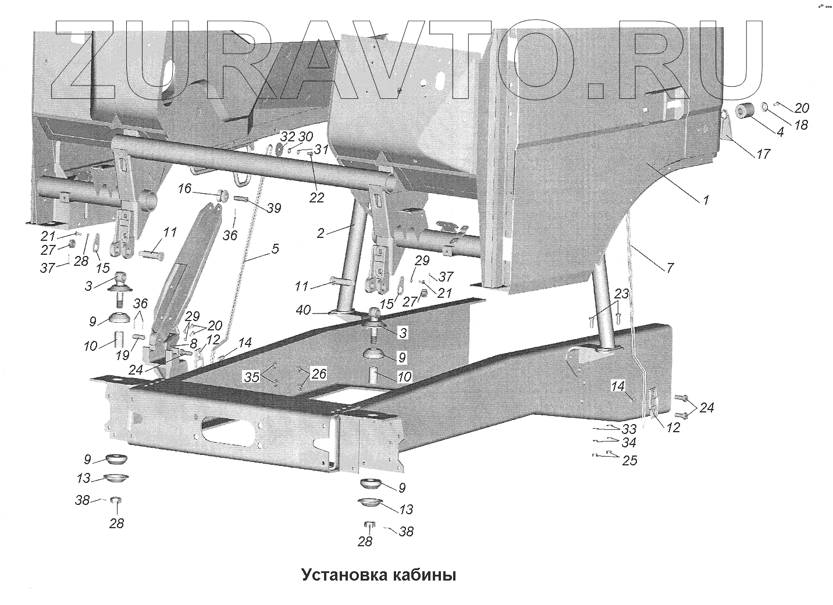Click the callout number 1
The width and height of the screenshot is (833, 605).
706,200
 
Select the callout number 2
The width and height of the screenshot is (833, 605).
321,233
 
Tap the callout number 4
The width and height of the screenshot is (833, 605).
780,132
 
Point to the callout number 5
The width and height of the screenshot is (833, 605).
275,249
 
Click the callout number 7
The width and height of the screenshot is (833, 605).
670,268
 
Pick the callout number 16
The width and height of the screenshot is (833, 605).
184,189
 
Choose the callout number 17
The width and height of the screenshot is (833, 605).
763,154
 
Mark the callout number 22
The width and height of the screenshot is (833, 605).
316,198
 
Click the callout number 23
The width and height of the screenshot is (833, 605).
622,294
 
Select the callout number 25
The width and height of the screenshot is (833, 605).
629,461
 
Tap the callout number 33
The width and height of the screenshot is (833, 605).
629,430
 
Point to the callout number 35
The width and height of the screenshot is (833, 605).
251,377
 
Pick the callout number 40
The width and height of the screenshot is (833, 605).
303,310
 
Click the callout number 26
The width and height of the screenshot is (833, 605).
319,373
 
